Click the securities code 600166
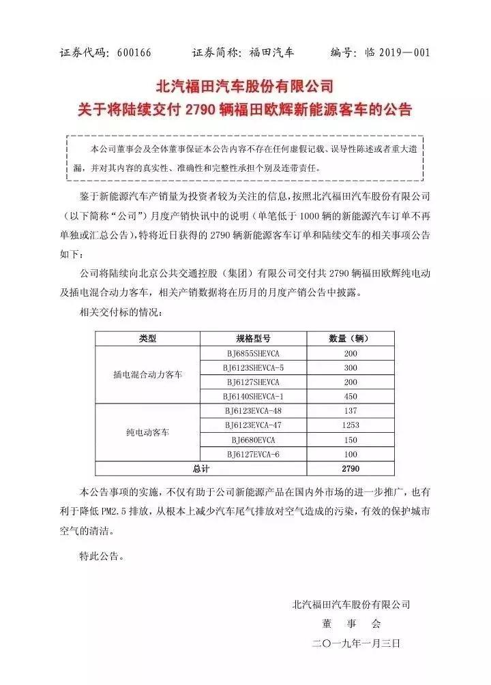coord(130,52)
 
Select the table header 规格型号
coord(249,339)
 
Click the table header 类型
coord(147,339)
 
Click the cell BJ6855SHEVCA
coord(249,354)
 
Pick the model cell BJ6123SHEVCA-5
coord(249,368)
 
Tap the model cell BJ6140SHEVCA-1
coord(249,396)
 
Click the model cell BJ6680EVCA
coord(249,439)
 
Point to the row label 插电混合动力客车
coord(147,375)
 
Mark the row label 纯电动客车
coord(147,432)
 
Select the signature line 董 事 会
coord(351,624)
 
